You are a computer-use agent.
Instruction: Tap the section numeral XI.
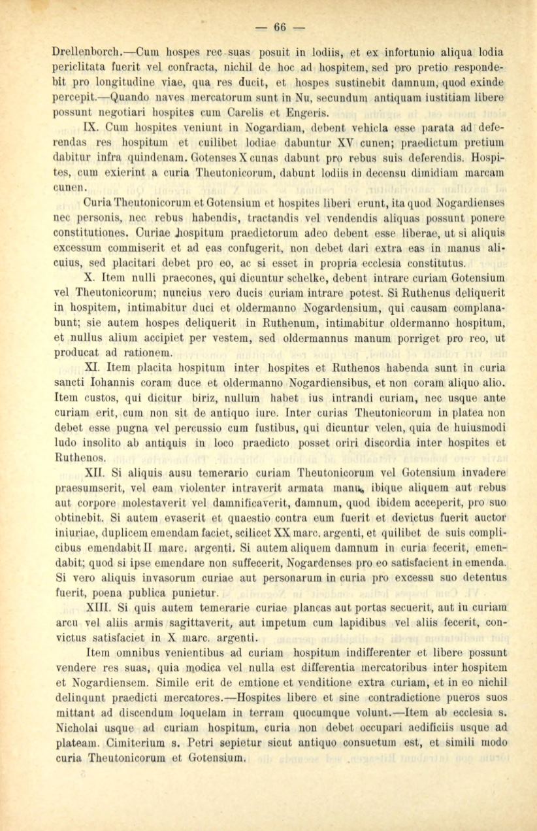(x=93, y=371)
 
